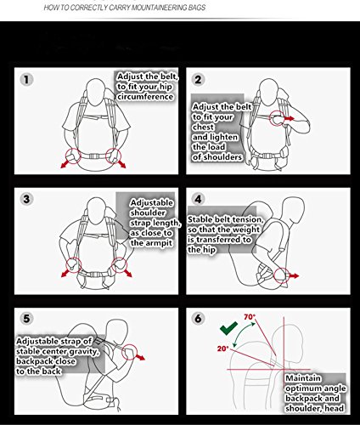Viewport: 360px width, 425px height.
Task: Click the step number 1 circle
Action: (26, 79)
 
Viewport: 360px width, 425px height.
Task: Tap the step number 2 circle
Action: (198, 79)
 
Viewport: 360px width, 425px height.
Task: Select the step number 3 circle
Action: (26, 199)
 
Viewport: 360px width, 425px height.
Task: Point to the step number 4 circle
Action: (198, 199)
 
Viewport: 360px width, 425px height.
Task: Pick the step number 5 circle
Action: (26, 319)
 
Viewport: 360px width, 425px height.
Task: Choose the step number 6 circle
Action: (198, 319)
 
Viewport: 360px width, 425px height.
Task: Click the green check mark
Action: (228, 329)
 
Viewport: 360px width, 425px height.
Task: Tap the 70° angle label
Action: (250, 317)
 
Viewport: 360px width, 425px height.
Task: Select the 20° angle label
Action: (222, 348)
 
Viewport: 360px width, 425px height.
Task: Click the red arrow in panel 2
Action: (290, 118)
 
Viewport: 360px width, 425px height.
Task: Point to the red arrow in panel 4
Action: (294, 275)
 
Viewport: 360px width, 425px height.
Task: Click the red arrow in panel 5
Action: (140, 357)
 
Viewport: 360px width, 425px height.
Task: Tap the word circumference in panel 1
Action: (145, 97)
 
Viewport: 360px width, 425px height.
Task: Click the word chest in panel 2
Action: (203, 127)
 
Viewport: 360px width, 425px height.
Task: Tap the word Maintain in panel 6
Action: (303, 378)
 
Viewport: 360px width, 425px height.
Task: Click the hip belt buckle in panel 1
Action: (93, 156)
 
